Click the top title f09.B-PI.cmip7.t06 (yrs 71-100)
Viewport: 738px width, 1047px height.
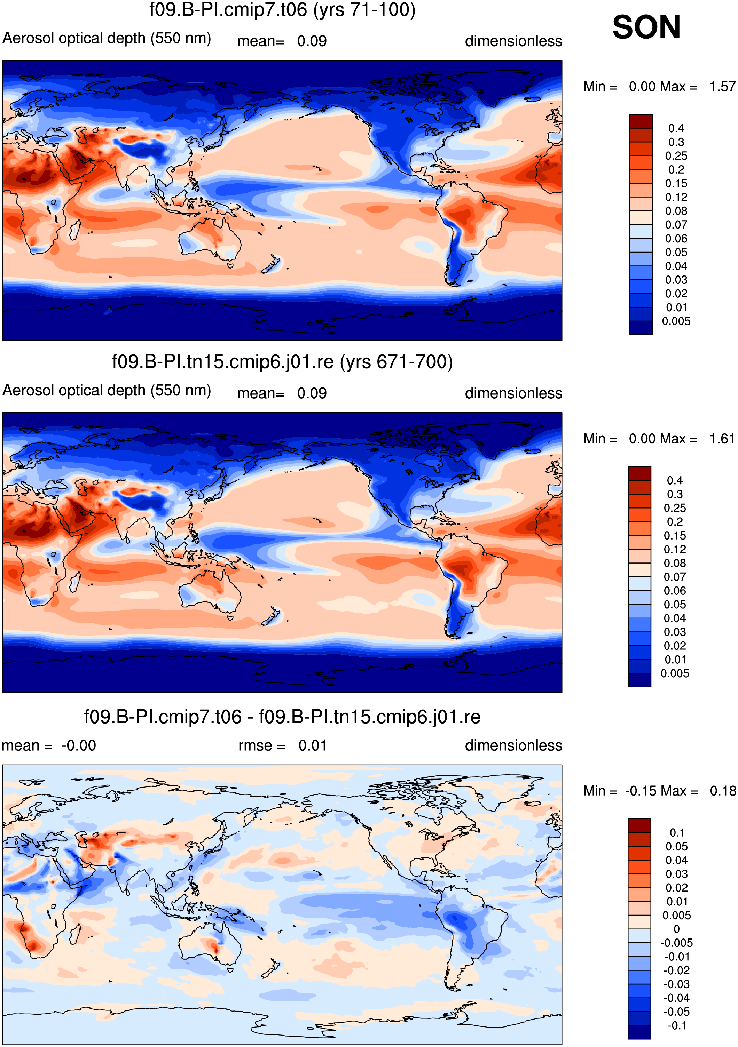283,10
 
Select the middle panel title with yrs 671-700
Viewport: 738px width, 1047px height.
283,362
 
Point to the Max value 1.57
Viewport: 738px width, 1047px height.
722,86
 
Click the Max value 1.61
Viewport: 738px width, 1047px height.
722,439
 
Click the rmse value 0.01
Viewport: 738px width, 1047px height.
313,745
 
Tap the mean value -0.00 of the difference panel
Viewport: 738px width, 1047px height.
79,745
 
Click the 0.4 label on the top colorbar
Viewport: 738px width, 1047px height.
676,128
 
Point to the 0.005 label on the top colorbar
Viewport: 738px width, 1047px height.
676,321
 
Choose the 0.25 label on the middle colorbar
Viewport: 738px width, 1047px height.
675,508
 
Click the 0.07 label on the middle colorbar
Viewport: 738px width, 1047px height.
675,577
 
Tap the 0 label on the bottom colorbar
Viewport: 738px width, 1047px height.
677,929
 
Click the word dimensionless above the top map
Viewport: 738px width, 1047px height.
513,41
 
